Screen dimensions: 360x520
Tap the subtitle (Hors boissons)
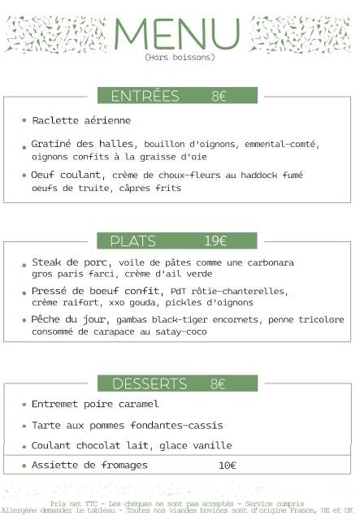pos(180,58)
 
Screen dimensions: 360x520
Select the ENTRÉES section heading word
pos(145,97)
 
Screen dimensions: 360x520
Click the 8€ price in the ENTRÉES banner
pos(219,97)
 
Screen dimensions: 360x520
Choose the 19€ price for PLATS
pos(215,241)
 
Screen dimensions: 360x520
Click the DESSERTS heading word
pos(150,383)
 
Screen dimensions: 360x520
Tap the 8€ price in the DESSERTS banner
pos(217,383)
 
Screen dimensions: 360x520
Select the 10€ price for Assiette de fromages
pos(228,466)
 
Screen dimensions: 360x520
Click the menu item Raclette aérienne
pos(81,121)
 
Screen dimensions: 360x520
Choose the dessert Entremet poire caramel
pos(95,404)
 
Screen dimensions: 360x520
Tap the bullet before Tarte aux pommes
pos(24,426)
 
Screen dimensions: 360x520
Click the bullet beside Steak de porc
pos(24,264)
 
